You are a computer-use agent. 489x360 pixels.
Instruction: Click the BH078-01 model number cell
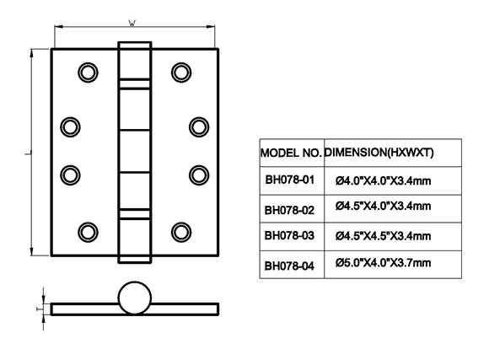(x=290, y=180)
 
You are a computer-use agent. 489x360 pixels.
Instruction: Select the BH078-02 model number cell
(x=289, y=210)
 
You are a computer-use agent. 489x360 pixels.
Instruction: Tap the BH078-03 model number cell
(x=289, y=235)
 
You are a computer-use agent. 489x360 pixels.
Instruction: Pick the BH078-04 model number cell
(x=289, y=266)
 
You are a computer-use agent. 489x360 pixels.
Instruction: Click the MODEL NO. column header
(x=291, y=153)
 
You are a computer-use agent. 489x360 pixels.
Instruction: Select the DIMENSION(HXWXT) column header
(x=379, y=153)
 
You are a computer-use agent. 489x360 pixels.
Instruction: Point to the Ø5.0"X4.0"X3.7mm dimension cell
(x=384, y=263)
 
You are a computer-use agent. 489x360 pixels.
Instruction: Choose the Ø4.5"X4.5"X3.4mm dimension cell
(x=384, y=236)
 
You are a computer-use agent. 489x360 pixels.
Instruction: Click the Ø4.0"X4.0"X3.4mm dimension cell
(x=384, y=180)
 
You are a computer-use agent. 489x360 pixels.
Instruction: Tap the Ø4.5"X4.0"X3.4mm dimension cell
(x=384, y=206)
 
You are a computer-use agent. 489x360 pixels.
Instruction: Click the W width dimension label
(x=132, y=23)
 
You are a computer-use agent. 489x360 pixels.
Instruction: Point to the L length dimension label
(x=28, y=153)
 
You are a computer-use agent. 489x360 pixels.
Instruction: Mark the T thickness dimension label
(x=39, y=309)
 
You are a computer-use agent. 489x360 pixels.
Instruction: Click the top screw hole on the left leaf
(x=88, y=73)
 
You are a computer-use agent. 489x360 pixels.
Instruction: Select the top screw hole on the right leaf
(x=181, y=73)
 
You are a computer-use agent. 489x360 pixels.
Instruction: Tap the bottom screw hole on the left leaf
(x=88, y=232)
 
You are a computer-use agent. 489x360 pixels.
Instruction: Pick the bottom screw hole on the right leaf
(x=181, y=232)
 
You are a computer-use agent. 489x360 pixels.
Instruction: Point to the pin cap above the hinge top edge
(x=135, y=46)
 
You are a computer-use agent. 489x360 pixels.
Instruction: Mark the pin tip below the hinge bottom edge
(x=135, y=260)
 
